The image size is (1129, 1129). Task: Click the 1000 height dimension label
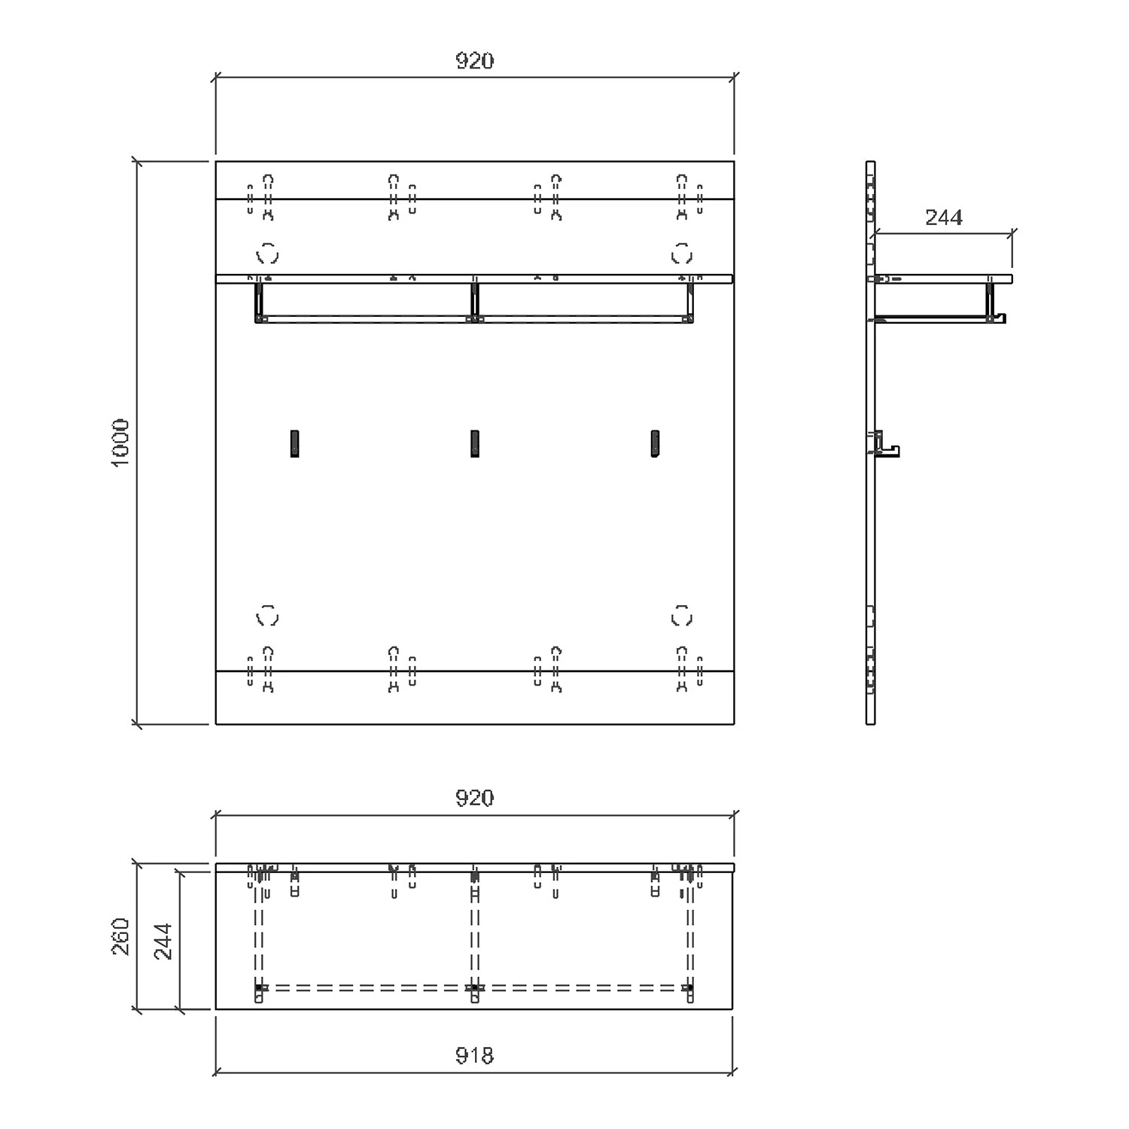[x=121, y=443]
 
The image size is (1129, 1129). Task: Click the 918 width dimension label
[x=475, y=1056]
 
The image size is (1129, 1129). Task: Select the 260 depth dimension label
[x=121, y=936]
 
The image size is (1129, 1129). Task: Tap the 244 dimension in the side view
[x=944, y=218]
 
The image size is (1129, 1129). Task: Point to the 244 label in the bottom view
[x=163, y=942]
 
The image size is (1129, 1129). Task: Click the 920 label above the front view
[x=475, y=61]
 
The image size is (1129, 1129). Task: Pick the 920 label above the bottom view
[x=475, y=798]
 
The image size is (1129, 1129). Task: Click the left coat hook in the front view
[x=294, y=443]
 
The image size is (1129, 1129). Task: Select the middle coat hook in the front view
[x=475, y=443]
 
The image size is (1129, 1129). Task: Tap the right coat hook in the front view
[x=655, y=443]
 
